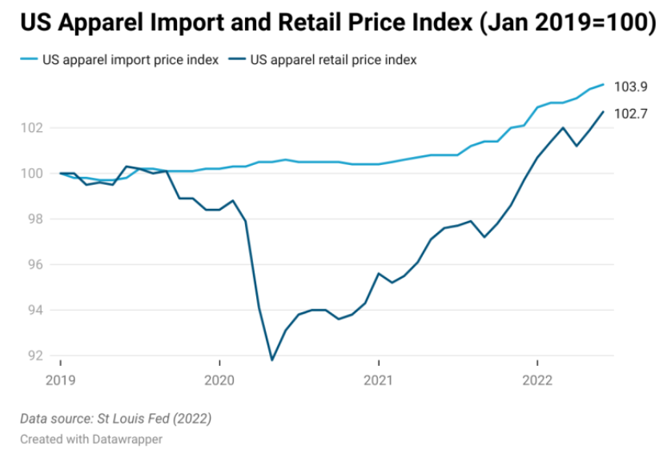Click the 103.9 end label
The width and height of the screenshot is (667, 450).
tap(631, 87)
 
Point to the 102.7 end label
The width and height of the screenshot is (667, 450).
tap(631, 114)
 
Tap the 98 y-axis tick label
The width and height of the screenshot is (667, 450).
tap(35, 219)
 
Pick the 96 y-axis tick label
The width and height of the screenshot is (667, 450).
tap(35, 265)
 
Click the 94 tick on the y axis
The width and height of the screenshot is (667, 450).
tap(35, 311)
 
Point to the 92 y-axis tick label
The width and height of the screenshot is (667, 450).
tap(35, 356)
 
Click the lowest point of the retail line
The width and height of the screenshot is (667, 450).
tap(272, 360)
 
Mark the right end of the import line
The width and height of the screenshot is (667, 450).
tap(603, 84)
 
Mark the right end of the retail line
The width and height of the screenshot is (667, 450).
tap(603, 111)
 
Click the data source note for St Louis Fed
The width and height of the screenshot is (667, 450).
tap(116, 419)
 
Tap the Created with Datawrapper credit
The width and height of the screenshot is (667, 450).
tap(91, 439)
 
